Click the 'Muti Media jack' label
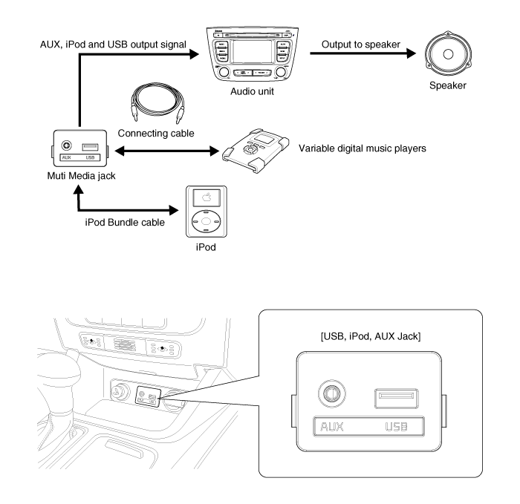[77, 174]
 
